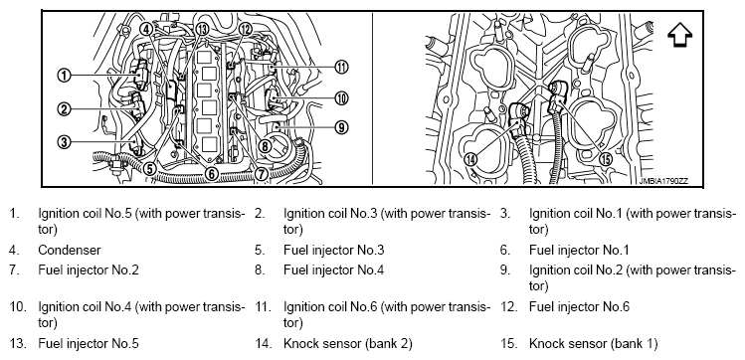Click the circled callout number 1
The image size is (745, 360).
tap(64, 75)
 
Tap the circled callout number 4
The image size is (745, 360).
tap(146, 29)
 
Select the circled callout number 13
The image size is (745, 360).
tap(202, 29)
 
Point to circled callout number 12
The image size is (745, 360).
tap(245, 29)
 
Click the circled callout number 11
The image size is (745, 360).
tap(341, 68)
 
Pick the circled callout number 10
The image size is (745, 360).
tap(341, 98)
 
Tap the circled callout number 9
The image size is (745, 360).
tap(341, 127)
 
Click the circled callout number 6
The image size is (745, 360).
tap(213, 174)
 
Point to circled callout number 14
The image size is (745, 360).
tap(470, 159)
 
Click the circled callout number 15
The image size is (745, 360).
tap(606, 159)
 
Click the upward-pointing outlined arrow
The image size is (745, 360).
tap(680, 35)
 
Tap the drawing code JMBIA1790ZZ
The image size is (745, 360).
tap(663, 181)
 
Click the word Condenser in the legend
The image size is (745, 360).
tap(70, 250)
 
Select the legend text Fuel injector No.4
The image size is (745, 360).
tap(334, 270)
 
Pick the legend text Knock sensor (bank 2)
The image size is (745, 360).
tap(348, 344)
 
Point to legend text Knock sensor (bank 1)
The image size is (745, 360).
tap(594, 344)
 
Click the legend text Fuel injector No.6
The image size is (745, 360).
tap(579, 307)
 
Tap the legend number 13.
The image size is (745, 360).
tap(18, 343)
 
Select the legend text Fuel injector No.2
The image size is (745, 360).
tap(89, 270)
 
